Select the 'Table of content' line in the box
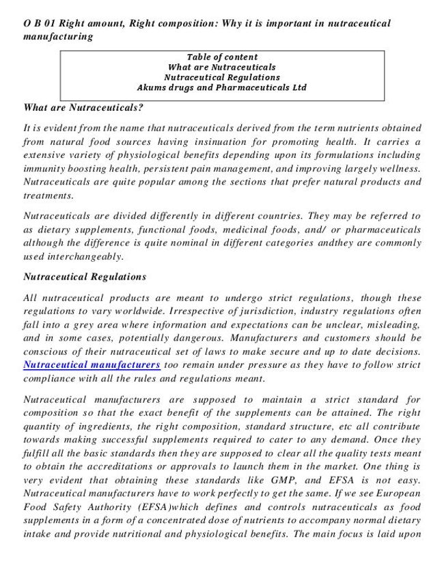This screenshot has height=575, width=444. click(x=221, y=57)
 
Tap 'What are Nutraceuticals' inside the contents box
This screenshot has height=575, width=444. click(x=221, y=67)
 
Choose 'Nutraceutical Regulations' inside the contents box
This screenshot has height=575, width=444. click(x=221, y=77)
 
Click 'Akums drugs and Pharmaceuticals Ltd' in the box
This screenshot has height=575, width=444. click(x=221, y=88)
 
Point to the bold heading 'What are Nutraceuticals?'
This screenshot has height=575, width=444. click(x=83, y=107)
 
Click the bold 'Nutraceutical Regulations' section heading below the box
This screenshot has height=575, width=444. click(x=85, y=277)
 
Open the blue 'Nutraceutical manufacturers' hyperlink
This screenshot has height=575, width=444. click(x=92, y=365)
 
